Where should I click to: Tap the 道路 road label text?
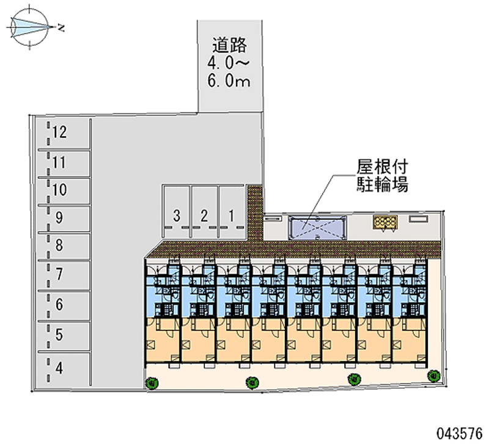(229, 45)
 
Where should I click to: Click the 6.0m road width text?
(229, 82)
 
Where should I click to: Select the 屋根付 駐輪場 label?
(382, 175)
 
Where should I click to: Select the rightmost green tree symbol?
(435, 375)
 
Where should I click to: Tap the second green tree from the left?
(250, 383)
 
